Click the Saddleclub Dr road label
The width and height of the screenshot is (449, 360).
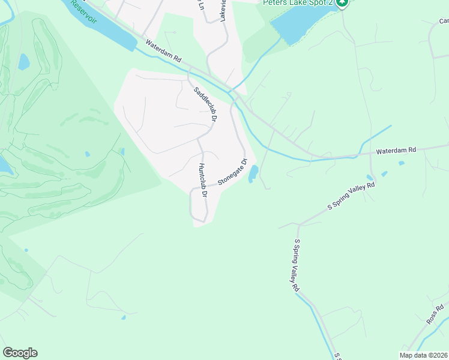pyautogui.click(x=205, y=105)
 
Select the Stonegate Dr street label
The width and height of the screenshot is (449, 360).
pyautogui.click(x=232, y=172)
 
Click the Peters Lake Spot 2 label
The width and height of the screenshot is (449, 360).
pyautogui.click(x=297, y=2)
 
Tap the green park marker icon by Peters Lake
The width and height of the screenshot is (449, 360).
pyautogui.click(x=342, y=3)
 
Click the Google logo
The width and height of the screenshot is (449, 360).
pyautogui.click(x=20, y=353)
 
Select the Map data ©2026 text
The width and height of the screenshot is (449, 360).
pyautogui.click(x=423, y=355)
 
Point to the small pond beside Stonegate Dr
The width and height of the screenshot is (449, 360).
pyautogui.click(x=253, y=174)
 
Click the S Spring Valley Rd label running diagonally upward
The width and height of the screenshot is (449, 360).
pyautogui.click(x=351, y=196)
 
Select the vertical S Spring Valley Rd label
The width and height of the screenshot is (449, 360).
pyautogui.click(x=296, y=265)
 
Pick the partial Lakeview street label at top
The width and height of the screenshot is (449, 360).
pyautogui.click(x=223, y=11)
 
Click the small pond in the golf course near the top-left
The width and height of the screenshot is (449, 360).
pyautogui.click(x=23, y=61)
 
